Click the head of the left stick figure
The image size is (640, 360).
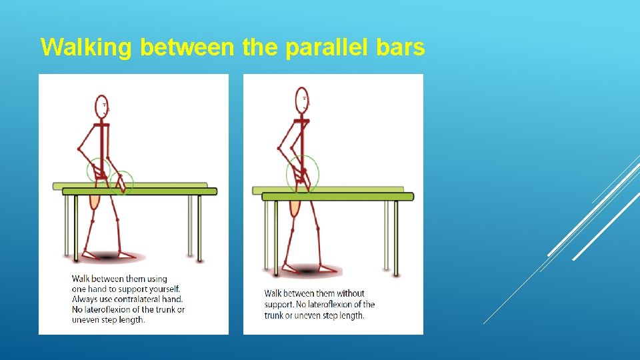[101, 106]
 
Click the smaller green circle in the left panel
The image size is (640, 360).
[122, 182]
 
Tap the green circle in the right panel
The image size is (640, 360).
[303, 173]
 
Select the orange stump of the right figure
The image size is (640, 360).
[294, 207]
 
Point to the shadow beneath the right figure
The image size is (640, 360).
[305, 269]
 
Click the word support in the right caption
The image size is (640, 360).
[279, 304]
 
